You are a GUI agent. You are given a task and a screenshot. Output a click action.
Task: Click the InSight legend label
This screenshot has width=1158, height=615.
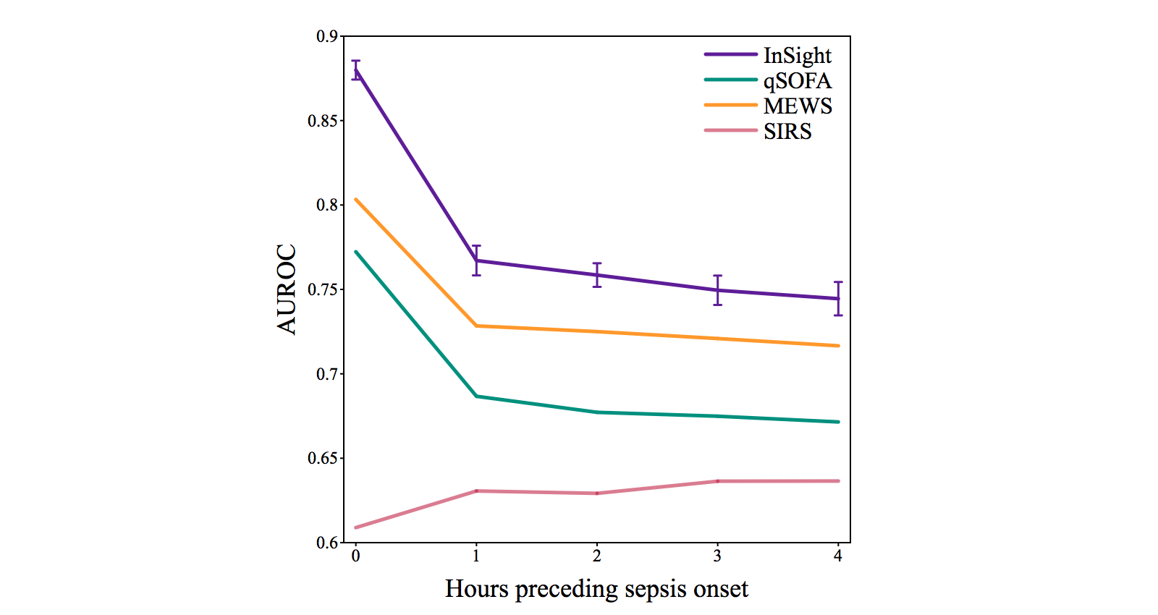797,56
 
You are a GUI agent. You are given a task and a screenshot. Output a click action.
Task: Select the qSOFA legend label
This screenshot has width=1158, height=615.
797,81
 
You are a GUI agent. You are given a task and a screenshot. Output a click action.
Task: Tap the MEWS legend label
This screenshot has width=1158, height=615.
798,106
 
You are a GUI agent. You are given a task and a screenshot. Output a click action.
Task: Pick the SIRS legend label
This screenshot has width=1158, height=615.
787,132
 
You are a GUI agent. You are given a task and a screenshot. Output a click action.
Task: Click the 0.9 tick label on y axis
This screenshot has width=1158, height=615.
326,36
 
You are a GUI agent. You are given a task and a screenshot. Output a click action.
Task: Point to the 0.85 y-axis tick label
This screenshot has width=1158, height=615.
323,121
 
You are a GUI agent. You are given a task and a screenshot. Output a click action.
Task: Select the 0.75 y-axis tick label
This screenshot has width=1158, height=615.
323,289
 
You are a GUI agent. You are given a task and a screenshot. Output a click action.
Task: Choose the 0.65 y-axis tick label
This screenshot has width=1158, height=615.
323,458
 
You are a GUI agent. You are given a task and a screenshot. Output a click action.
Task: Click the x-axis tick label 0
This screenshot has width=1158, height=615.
355,556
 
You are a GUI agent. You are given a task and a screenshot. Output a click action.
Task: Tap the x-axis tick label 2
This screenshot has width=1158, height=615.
596,556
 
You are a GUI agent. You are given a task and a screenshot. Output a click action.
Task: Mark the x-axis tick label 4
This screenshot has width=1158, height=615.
838,556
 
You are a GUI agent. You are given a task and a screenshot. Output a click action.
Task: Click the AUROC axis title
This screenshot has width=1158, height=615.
287,289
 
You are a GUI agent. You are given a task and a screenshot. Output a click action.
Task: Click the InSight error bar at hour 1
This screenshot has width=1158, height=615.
476,260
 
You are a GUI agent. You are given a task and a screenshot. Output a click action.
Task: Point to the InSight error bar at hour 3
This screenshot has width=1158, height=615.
717,290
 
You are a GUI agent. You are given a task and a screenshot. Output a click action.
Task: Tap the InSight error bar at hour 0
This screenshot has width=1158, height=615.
355,70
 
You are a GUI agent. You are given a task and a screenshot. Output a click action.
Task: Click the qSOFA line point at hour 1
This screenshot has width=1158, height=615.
476,396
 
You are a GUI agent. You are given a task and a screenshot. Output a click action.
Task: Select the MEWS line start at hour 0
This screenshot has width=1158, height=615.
356,200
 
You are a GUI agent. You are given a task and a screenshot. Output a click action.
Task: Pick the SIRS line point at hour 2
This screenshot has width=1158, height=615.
597,493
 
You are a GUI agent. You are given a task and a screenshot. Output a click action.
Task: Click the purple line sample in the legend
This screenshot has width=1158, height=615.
730,55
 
